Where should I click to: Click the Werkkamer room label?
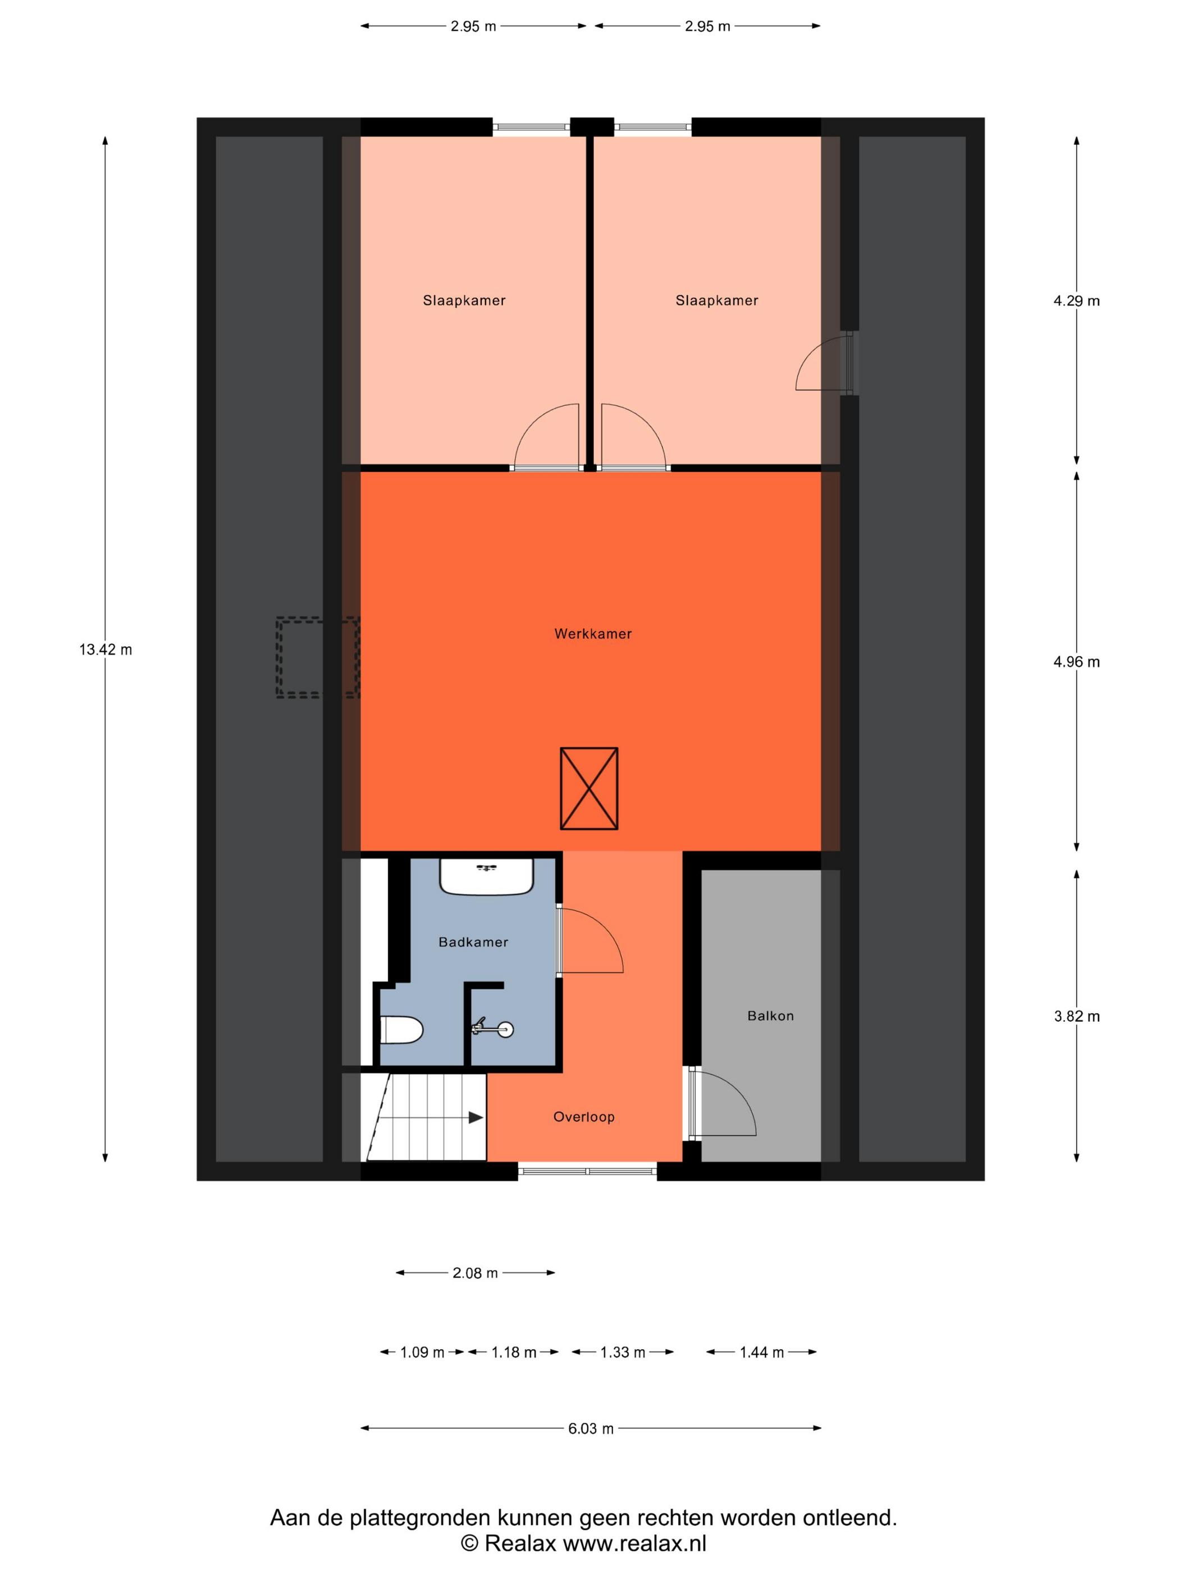point(593,634)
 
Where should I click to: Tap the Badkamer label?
point(473,942)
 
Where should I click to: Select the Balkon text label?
point(770,1016)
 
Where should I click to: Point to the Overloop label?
point(583,1117)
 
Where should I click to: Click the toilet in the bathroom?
point(401,1030)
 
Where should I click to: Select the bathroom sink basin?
point(486,877)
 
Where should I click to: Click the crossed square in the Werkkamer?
point(589,788)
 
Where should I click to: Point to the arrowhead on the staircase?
point(476,1118)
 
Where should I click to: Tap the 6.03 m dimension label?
point(591,1428)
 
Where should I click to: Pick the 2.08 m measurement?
point(475,1273)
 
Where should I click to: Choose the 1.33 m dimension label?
point(623,1352)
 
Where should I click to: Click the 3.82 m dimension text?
point(1077,1016)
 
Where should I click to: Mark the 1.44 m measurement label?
point(761,1352)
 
